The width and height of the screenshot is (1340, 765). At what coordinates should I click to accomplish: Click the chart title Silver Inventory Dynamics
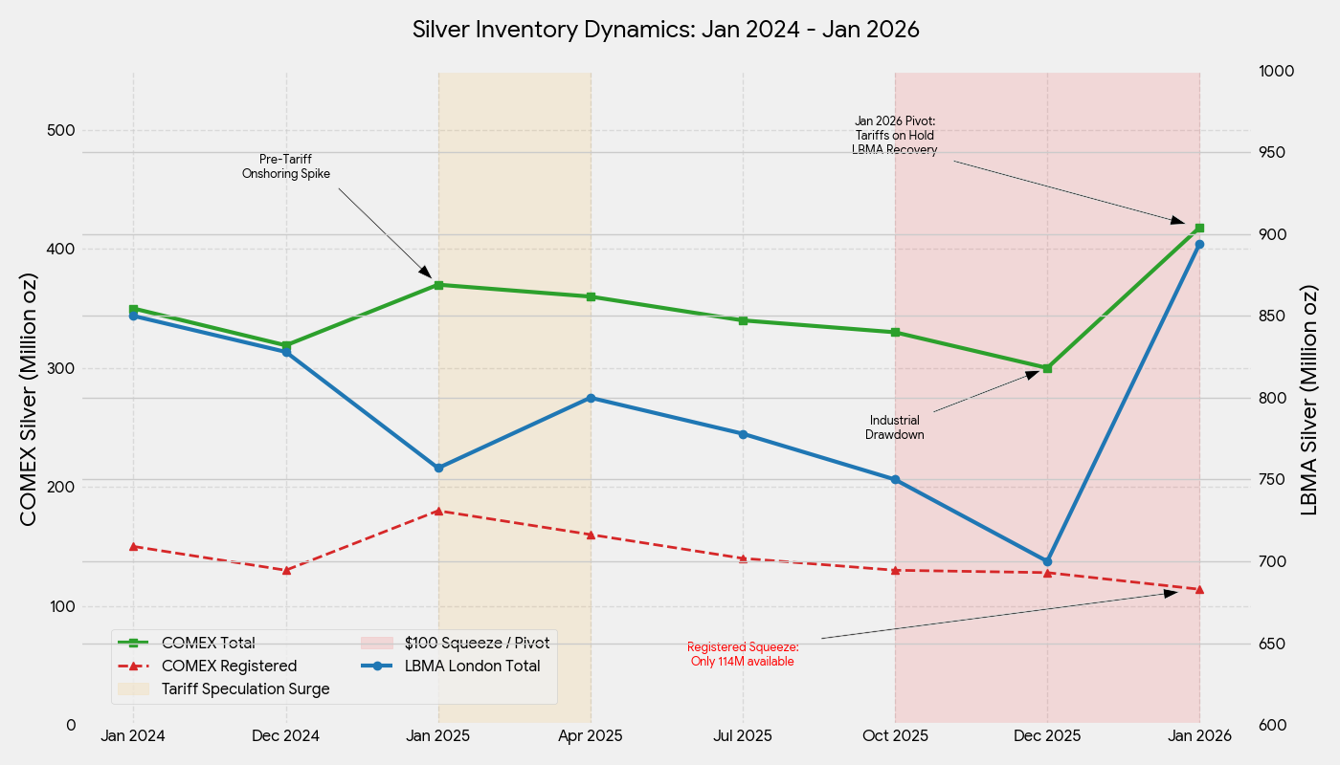(x=665, y=30)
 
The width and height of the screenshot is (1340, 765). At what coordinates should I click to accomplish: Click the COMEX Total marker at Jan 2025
(x=438, y=285)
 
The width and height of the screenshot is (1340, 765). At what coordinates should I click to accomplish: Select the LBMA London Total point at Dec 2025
(x=1047, y=561)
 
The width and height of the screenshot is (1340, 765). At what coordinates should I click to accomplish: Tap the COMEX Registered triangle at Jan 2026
(x=1199, y=589)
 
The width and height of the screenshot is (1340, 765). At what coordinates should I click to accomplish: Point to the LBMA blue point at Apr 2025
(x=591, y=398)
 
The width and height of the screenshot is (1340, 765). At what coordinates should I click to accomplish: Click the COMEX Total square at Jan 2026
(x=1199, y=228)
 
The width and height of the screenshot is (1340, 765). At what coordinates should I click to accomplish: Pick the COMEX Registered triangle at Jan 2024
(x=133, y=546)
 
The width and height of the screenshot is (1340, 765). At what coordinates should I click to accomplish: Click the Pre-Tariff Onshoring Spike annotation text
(x=285, y=166)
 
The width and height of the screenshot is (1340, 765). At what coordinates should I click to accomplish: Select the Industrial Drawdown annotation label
(x=895, y=427)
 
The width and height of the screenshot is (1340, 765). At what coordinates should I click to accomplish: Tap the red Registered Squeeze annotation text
(x=743, y=654)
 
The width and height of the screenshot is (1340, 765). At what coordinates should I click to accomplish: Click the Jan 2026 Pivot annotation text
(x=895, y=135)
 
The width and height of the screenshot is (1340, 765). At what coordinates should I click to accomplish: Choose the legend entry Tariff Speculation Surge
(x=245, y=688)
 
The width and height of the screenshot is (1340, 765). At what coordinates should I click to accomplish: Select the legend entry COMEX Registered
(x=229, y=666)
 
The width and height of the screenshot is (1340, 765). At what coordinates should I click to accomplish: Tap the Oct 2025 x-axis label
(x=895, y=735)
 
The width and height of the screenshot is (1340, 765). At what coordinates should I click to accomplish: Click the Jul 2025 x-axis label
(x=743, y=735)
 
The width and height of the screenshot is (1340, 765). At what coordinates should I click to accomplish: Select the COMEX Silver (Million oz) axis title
(x=29, y=399)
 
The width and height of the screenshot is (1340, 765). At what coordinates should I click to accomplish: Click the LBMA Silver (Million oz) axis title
(x=1309, y=399)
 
